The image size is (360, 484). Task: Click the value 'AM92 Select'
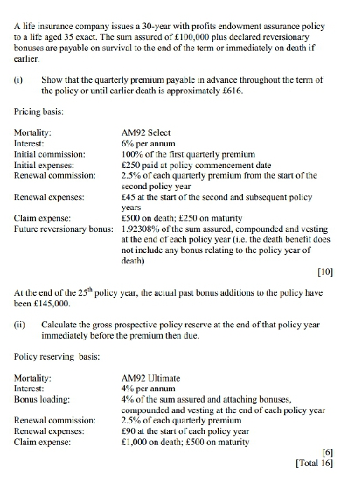(x=146, y=132)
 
